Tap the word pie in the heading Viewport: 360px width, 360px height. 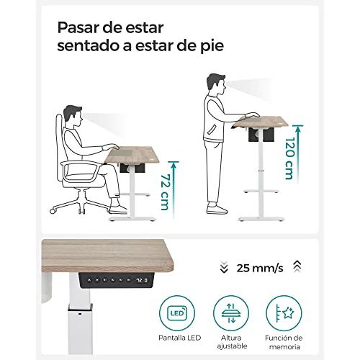[x=212, y=46]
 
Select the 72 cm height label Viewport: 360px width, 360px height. [x=166, y=192]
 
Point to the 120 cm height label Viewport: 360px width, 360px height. [x=289, y=158]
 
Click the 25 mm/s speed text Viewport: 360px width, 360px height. [x=260, y=268]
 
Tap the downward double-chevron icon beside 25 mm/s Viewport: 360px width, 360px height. [x=224, y=267]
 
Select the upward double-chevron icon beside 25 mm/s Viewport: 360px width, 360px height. [x=297, y=266]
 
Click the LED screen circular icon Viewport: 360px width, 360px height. [x=177, y=313]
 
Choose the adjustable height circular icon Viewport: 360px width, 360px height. [x=231, y=313]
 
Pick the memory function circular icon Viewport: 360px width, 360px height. [x=284, y=313]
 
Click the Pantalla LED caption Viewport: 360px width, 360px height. [x=179, y=338]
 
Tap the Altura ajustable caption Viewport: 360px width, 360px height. [x=232, y=342]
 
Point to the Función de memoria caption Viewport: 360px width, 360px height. [x=284, y=342]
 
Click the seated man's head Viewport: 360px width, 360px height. [x=73, y=114]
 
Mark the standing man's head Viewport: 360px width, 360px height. [x=216, y=84]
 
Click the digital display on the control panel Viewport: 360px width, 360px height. [x=142, y=280]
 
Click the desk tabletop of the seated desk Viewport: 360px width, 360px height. [x=132, y=155]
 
